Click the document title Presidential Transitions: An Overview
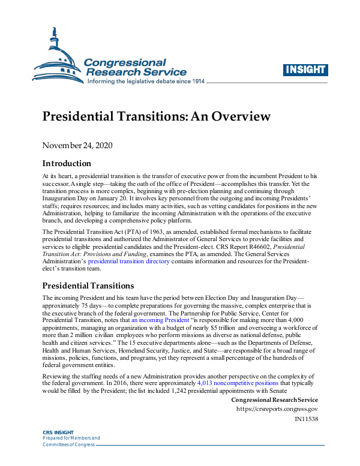[156, 116]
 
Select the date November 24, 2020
[77, 145]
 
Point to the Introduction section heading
[67, 163]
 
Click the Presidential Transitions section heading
[88, 285]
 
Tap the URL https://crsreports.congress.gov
[277, 409]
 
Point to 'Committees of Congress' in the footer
[67, 445]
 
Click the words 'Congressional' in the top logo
[125, 62]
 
